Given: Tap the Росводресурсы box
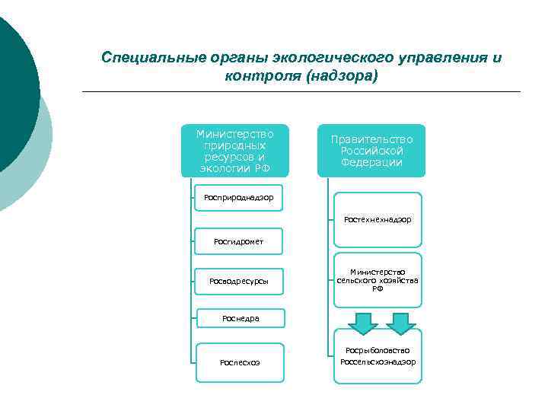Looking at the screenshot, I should tap(239, 282).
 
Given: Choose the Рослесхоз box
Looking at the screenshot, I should tap(240, 362).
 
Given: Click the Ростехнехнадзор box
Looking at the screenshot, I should tap(378, 219).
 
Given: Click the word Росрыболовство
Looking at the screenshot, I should tap(378, 350).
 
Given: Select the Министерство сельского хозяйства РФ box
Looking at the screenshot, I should tap(378, 280).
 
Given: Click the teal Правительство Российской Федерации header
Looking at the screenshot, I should tap(371, 151).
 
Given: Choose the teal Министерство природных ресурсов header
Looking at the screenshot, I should tap(235, 151).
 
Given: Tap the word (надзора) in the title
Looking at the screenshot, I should tap(342, 77).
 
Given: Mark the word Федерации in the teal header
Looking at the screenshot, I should tap(371, 162).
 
